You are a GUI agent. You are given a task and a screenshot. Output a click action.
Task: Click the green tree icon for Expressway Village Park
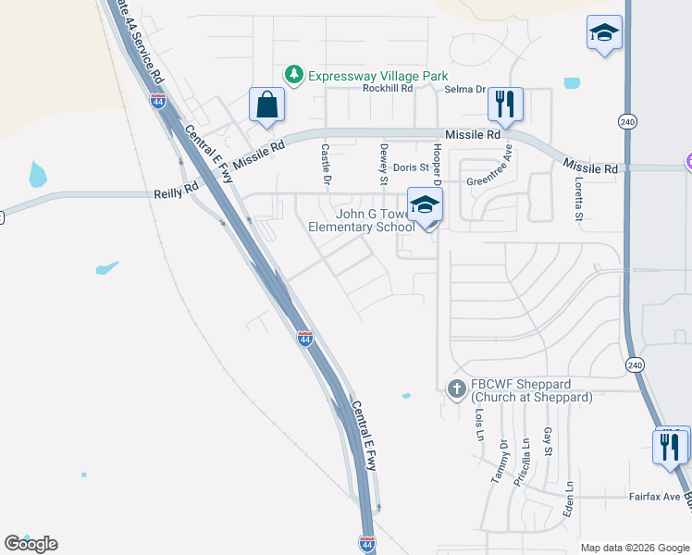coord(294,75)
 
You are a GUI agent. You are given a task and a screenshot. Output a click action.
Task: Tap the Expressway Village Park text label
coord(377,76)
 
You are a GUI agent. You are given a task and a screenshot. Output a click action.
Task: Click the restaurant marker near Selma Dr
coord(505,104)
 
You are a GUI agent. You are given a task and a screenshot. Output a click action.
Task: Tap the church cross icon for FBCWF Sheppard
coord(456,389)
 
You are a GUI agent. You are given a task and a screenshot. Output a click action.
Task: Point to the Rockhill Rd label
coord(387,90)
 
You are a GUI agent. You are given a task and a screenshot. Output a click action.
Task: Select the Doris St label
coord(411,168)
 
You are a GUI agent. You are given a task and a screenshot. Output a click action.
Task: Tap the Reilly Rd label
coord(176,193)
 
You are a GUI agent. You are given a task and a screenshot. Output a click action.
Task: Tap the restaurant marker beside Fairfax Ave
coord(671,446)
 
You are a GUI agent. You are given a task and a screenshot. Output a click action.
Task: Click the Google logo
coord(31,544)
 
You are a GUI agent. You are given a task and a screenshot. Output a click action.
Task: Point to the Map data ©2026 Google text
coord(634,548)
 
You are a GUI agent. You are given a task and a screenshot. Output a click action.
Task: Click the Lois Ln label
coord(479,427)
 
